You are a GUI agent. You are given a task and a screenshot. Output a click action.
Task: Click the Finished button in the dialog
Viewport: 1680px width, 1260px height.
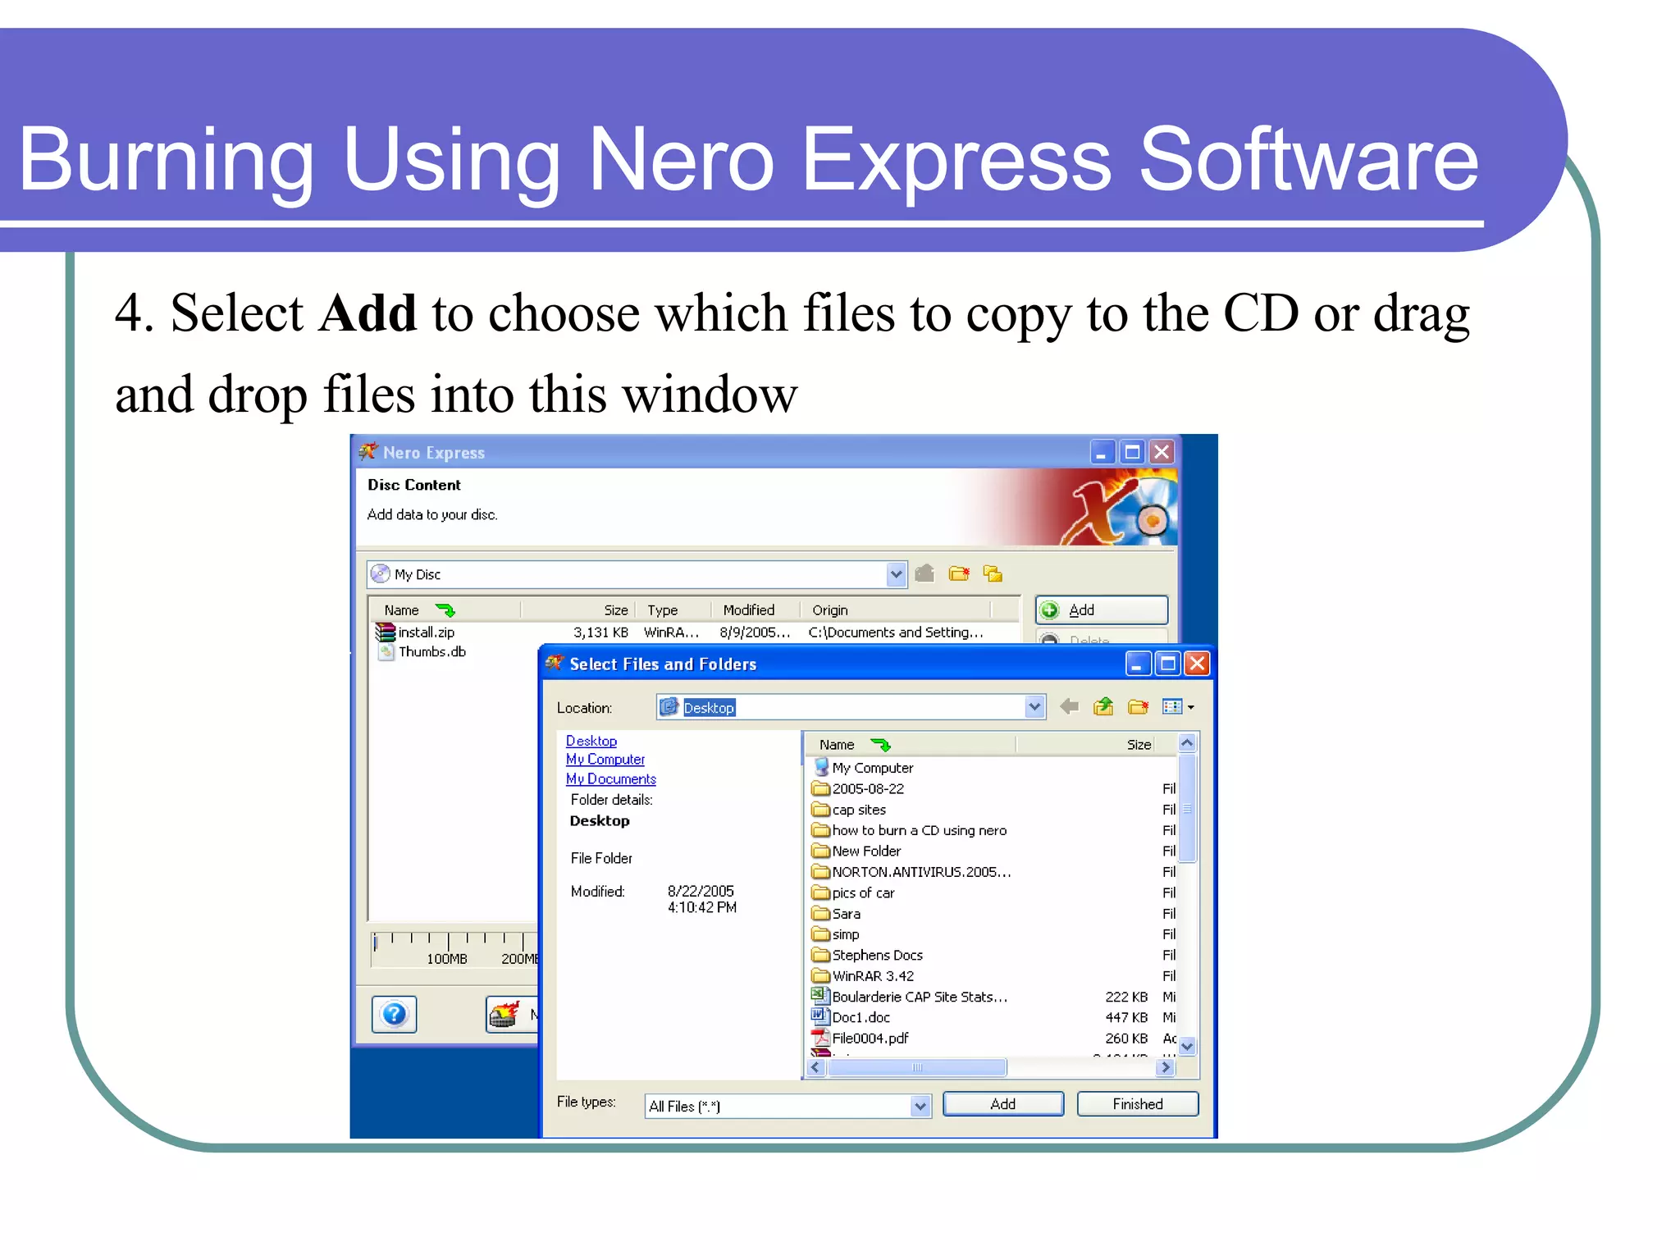click(x=1137, y=1104)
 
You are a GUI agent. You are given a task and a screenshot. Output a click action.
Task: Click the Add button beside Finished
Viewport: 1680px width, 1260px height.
click(x=1002, y=1104)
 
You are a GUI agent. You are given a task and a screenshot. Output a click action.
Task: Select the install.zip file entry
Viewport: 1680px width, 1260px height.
click(x=426, y=632)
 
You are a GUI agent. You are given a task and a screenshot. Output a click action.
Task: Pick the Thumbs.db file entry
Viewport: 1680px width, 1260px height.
click(x=431, y=652)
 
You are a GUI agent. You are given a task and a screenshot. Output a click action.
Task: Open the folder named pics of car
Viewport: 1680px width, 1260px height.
click(x=862, y=893)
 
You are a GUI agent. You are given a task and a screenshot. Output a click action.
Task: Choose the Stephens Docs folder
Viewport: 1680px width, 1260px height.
click(x=876, y=956)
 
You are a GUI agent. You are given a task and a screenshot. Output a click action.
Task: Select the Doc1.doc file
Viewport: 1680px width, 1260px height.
click(x=861, y=1018)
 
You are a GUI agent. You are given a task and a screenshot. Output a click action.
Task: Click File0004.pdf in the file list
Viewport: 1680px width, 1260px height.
click(x=870, y=1039)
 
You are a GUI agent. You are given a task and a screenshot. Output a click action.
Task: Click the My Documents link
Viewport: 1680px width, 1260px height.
click(x=611, y=779)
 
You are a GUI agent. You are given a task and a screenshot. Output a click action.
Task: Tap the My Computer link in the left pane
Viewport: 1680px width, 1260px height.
click(x=605, y=760)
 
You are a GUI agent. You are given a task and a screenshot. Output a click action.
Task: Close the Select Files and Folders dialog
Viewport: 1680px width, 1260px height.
click(x=1198, y=664)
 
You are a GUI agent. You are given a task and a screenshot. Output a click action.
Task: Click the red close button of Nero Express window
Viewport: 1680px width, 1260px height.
click(x=1162, y=452)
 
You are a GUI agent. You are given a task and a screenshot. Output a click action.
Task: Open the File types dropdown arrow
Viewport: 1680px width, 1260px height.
click(x=920, y=1107)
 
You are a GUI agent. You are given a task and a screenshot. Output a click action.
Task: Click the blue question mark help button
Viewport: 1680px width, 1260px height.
click(x=395, y=1015)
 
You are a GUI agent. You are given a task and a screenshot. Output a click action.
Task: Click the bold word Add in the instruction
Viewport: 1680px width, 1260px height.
click(x=368, y=313)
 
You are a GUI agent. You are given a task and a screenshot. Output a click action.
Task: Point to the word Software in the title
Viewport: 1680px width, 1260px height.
click(x=1309, y=159)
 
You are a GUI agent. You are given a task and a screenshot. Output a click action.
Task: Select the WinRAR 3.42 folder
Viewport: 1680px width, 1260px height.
click(x=872, y=976)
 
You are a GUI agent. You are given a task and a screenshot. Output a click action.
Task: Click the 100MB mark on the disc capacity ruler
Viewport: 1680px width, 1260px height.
click(x=447, y=958)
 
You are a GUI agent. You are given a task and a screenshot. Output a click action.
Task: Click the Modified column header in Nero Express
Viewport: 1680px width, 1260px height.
click(x=748, y=610)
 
